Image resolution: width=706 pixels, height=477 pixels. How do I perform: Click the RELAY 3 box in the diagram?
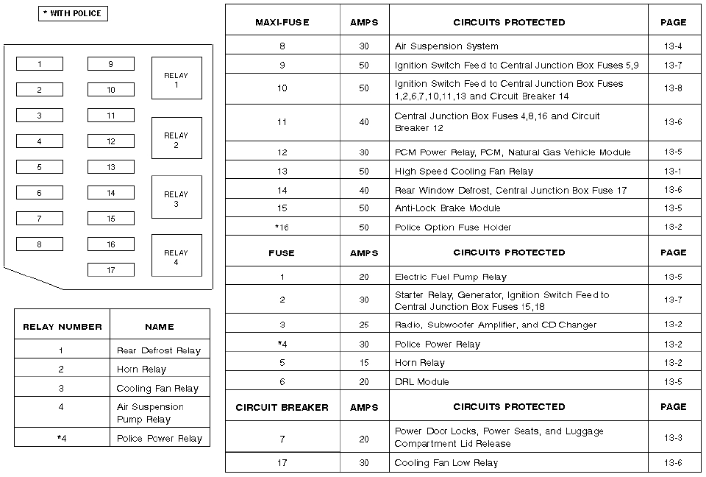(x=176, y=197)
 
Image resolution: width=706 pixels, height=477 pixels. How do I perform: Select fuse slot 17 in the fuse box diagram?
(x=111, y=270)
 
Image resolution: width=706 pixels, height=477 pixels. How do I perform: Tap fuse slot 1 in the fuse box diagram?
(x=40, y=64)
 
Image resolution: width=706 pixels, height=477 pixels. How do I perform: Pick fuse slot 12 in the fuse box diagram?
(x=111, y=141)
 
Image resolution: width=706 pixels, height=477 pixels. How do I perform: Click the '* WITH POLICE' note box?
(x=73, y=13)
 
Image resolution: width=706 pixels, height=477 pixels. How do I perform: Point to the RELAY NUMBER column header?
(x=62, y=327)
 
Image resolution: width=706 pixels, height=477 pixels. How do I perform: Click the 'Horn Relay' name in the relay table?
(x=141, y=370)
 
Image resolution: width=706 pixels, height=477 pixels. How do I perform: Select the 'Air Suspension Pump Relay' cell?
(x=150, y=413)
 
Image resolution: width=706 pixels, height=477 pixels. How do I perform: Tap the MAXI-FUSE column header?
(x=282, y=23)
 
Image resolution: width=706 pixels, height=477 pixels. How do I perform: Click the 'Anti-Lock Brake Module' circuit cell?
(x=447, y=208)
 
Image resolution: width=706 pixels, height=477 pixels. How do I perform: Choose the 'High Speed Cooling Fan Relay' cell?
(x=464, y=172)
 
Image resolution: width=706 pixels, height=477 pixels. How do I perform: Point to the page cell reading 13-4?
(x=673, y=46)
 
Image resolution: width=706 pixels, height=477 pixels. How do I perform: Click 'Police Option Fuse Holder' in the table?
(x=453, y=227)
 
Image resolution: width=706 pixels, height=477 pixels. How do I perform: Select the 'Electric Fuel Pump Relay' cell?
(x=451, y=278)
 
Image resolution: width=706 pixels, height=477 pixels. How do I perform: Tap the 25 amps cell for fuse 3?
(x=364, y=325)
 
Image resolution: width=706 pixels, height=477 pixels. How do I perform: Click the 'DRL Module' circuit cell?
(x=421, y=382)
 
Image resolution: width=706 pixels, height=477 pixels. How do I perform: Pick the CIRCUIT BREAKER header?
(x=282, y=407)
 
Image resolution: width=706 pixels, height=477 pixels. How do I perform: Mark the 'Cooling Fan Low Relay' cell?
(x=446, y=463)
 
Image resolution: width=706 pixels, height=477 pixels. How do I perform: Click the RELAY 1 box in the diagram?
(x=176, y=79)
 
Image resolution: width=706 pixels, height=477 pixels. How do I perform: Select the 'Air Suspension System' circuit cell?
(x=446, y=46)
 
